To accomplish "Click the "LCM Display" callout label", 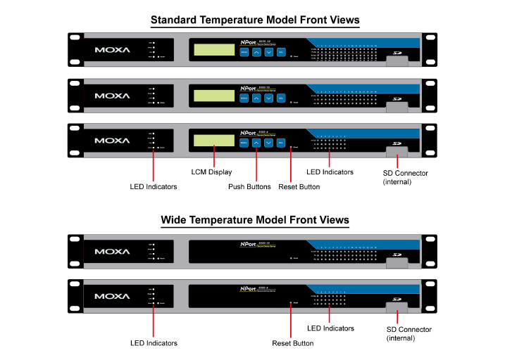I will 212,172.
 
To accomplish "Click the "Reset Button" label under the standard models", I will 300,187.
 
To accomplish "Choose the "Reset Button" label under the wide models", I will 293,343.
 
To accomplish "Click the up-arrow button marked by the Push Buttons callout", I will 256,143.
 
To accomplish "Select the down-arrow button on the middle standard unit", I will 268,98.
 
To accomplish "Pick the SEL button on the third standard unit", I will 280,143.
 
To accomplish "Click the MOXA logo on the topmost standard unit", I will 112,51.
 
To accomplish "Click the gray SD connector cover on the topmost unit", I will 397,61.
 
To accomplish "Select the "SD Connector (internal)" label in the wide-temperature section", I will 408,333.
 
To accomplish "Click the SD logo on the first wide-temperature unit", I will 397,255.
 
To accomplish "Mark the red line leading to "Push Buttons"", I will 256,165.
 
